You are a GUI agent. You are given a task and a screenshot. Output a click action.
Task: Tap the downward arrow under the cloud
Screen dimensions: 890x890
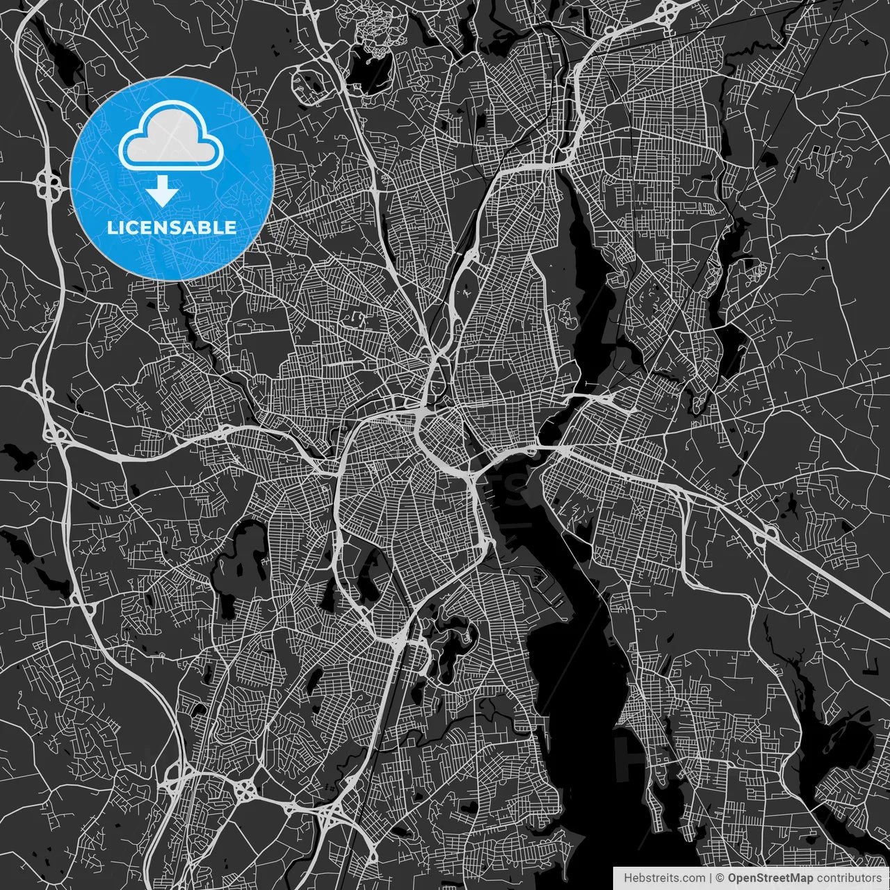163,190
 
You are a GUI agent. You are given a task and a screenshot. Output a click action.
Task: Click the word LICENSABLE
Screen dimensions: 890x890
171,227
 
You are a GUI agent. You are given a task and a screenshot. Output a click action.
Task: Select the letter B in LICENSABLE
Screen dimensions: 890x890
207,227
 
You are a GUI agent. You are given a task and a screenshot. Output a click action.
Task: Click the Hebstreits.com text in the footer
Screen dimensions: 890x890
663,878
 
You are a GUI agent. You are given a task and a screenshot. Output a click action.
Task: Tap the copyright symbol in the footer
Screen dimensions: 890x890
720,878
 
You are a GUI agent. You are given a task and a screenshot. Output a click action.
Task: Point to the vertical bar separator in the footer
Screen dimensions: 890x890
710,878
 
